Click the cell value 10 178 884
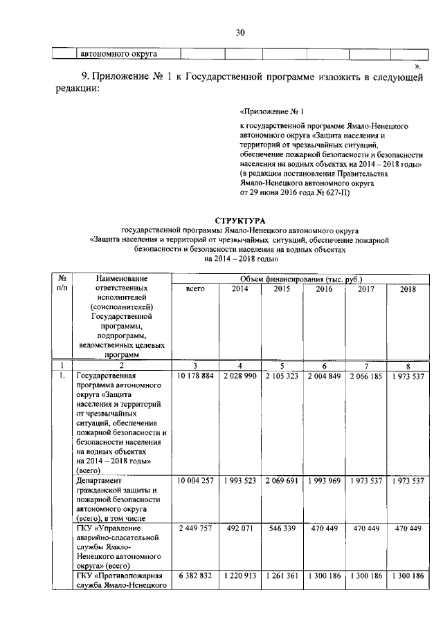click(196, 376)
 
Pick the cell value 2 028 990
click(239, 376)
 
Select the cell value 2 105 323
click(282, 376)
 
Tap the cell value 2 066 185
click(365, 376)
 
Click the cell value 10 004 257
click(196, 481)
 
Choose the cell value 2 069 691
click(282, 481)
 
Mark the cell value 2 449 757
click(196, 528)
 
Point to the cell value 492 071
click(239, 528)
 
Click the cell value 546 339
click(282, 528)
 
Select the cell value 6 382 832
click(196, 576)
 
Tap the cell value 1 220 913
click(239, 576)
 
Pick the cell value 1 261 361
click(282, 576)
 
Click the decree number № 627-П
click(335, 193)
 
